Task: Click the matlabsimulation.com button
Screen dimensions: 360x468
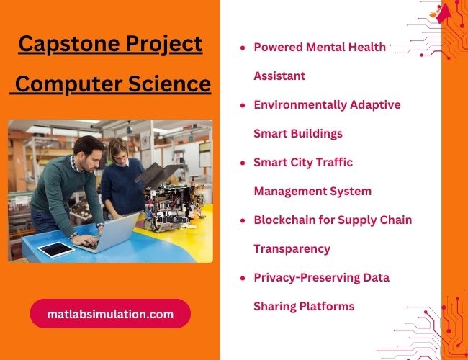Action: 110,314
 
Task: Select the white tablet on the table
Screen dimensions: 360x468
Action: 55,249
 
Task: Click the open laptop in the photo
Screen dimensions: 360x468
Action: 108,232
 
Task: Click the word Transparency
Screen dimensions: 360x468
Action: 292,248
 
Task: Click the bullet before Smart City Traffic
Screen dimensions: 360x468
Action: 243,163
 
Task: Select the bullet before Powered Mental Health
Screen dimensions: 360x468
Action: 243,48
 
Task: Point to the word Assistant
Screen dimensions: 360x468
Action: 279,76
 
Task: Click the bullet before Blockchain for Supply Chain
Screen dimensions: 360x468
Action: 243,220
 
